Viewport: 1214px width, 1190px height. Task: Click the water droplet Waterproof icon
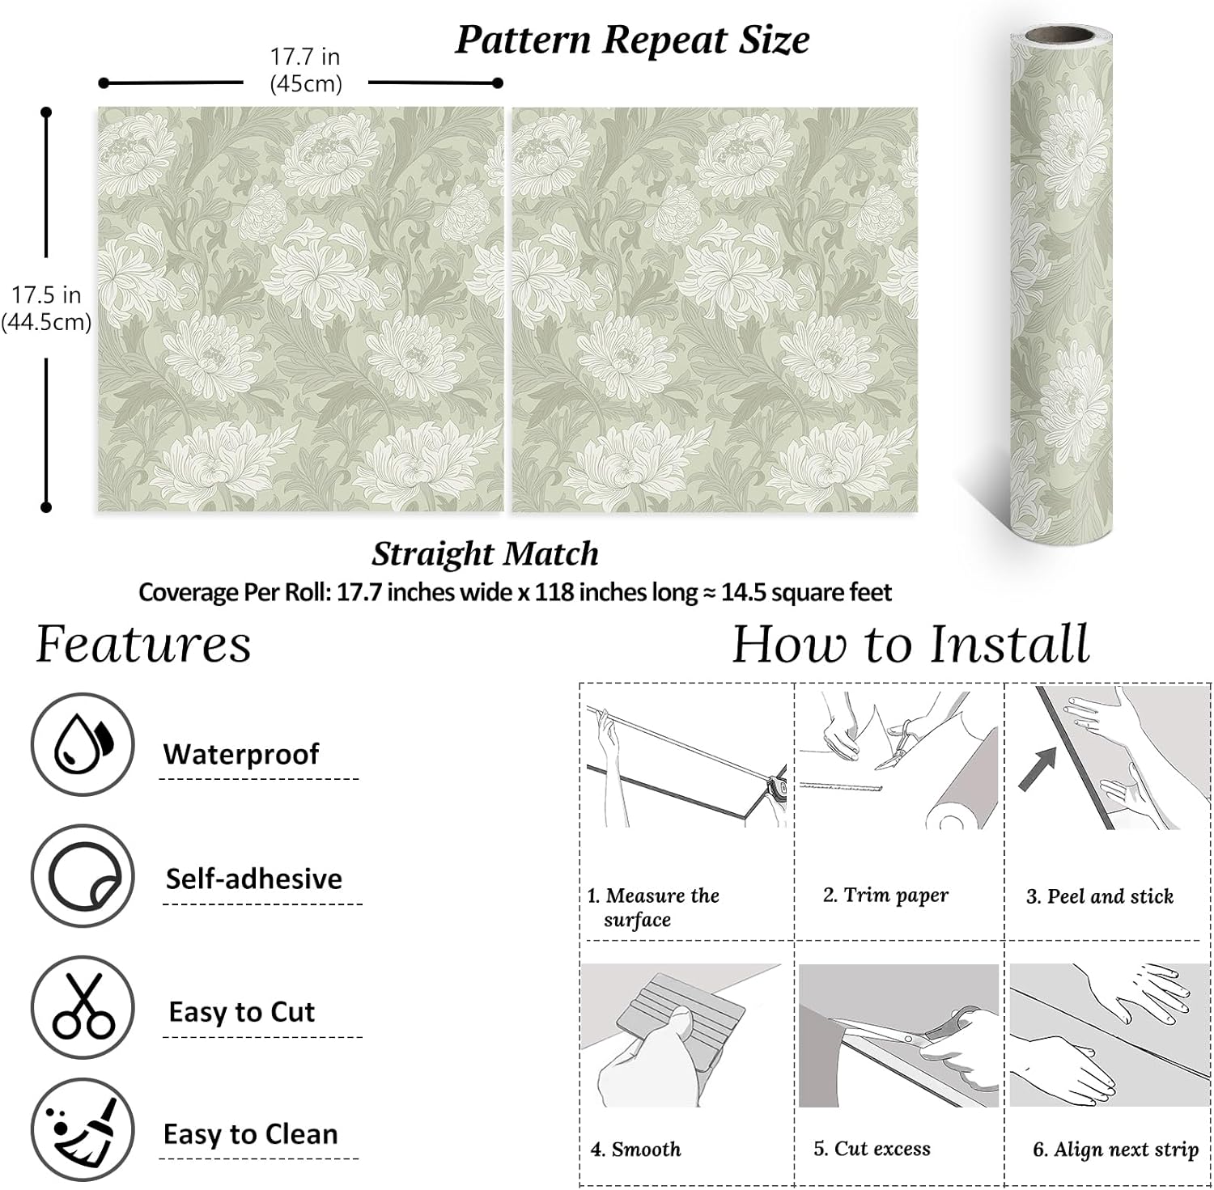click(83, 744)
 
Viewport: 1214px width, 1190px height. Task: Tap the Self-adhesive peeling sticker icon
click(83, 877)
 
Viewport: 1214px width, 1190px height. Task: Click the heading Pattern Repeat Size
click(632, 40)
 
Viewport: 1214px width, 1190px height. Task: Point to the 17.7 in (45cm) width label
click(305, 70)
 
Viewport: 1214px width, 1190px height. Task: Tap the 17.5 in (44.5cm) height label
click(46, 308)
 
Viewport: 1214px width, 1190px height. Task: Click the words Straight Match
click(485, 554)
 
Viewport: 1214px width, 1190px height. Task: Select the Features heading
click(143, 645)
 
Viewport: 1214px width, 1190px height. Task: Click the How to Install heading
click(910, 645)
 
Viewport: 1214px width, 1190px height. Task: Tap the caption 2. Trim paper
click(885, 895)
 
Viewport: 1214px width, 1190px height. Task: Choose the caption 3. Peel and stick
click(1099, 896)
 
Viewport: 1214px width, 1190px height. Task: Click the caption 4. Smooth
click(635, 1149)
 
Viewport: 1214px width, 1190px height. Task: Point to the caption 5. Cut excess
click(872, 1149)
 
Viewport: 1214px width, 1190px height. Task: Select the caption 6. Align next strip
click(1115, 1150)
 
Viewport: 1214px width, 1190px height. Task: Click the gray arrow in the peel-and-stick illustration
click(1037, 768)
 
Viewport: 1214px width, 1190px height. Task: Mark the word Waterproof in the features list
click(241, 754)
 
